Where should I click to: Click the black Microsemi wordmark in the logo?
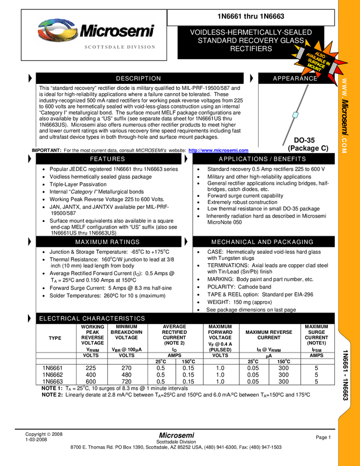point(116,31)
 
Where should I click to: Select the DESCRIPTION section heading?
point(139,78)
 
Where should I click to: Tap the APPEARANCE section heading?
point(295,78)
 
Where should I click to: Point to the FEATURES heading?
point(107,159)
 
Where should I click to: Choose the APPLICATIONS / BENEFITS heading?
point(262,159)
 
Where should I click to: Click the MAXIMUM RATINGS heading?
point(107,242)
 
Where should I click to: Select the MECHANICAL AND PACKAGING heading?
point(262,242)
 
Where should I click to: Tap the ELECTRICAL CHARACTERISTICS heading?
point(92,319)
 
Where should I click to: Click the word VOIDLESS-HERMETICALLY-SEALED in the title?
point(251,32)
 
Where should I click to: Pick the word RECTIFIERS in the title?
point(251,49)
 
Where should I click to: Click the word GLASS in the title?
point(293,41)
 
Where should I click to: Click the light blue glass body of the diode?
point(295,115)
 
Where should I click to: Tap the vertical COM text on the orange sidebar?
point(344,145)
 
